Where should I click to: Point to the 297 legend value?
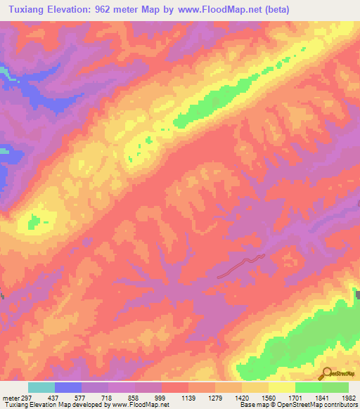(x=27, y=398)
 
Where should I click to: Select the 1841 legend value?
(x=321, y=398)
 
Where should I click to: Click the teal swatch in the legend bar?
(x=41, y=387)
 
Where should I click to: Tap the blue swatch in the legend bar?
(x=68, y=387)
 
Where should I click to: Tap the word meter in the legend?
(x=10, y=398)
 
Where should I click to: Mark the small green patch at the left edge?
(x=34, y=224)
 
